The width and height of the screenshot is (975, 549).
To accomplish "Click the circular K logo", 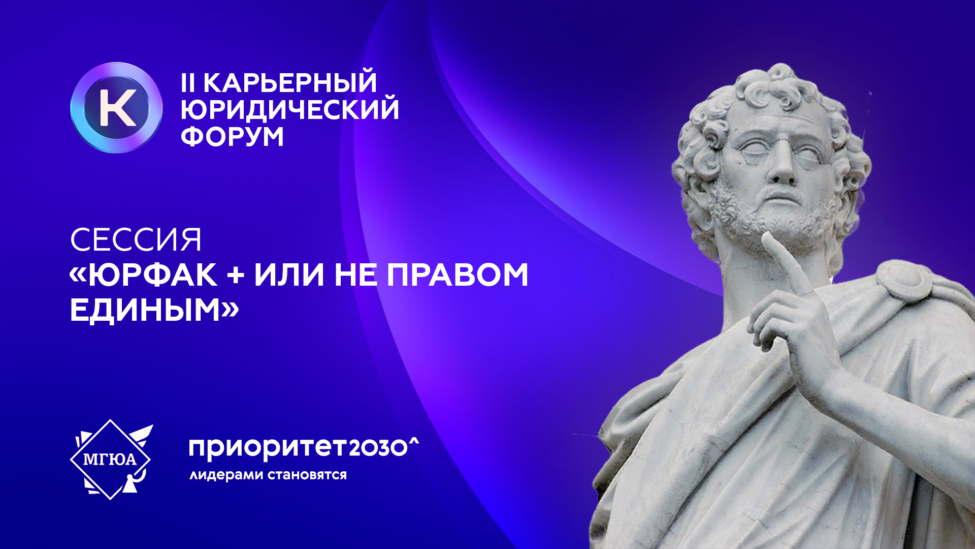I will click(x=116, y=108).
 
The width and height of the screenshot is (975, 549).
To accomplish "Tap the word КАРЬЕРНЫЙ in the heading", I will click(x=290, y=83).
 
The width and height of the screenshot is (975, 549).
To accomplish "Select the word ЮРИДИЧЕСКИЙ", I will click(x=290, y=110).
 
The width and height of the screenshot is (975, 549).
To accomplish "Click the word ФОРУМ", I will click(x=232, y=137).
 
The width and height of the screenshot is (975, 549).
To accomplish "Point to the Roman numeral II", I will click(x=188, y=83).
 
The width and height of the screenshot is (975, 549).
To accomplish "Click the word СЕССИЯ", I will click(x=136, y=240).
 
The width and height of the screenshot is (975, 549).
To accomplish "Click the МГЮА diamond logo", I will click(x=111, y=460).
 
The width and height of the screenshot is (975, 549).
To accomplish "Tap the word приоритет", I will click(x=268, y=448).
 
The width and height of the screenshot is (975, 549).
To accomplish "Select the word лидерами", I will click(x=226, y=475).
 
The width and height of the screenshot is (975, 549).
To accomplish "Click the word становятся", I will click(x=307, y=475).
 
